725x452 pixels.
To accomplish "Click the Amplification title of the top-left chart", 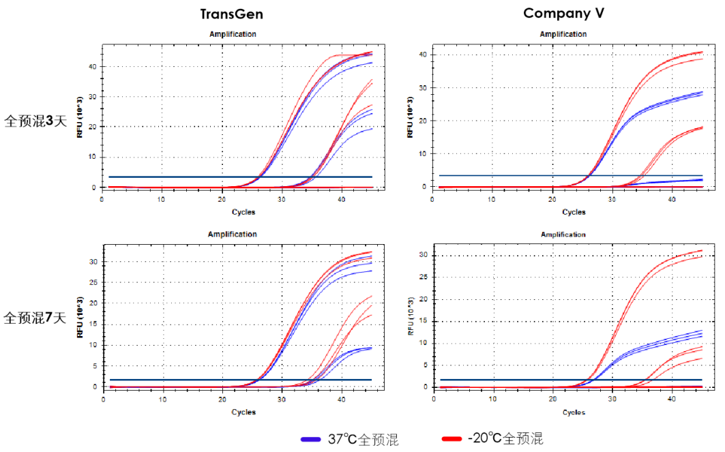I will tap(233, 33).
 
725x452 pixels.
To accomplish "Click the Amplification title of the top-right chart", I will tap(563, 34).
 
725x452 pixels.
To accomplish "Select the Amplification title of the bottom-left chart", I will tap(233, 234).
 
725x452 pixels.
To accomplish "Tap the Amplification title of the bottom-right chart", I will tap(563, 234).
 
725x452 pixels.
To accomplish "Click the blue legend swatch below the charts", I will tap(310, 439).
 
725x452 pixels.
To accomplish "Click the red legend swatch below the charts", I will tap(452, 439).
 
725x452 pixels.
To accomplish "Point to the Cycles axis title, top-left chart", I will tap(243, 211).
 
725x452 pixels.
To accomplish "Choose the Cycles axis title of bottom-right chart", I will tap(574, 412).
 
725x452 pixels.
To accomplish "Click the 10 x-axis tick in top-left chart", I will tap(161, 199).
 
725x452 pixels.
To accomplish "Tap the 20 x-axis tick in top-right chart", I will tap(552, 199).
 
